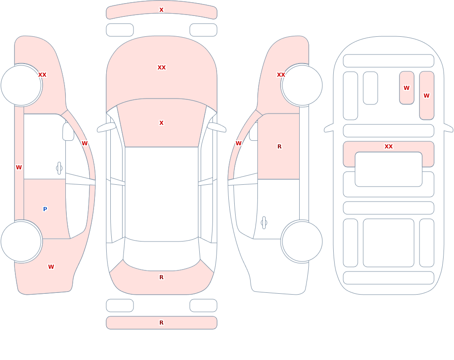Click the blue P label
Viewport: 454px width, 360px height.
45,209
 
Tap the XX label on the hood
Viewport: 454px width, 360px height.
162,68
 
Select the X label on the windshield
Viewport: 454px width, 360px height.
162,123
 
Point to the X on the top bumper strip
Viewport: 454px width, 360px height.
162,10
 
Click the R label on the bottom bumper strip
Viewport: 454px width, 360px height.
162,323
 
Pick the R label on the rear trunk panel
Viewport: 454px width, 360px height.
162,277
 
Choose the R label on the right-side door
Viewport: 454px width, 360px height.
279,147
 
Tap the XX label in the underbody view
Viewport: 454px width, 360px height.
389,147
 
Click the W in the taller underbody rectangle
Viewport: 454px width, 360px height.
426,96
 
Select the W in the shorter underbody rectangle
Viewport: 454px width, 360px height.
406,88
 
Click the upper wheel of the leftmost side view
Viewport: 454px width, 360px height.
21,85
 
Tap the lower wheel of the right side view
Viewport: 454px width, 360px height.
302,241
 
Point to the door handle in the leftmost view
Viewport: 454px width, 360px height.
59,168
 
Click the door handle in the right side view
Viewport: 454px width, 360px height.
264,223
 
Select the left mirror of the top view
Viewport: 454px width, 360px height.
106,127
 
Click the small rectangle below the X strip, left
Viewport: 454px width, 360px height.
120,30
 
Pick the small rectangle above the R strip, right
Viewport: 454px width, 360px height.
203,306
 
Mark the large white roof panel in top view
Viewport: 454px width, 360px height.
162,194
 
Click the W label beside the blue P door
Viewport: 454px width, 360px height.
19,168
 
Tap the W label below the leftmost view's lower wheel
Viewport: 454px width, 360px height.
51,267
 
